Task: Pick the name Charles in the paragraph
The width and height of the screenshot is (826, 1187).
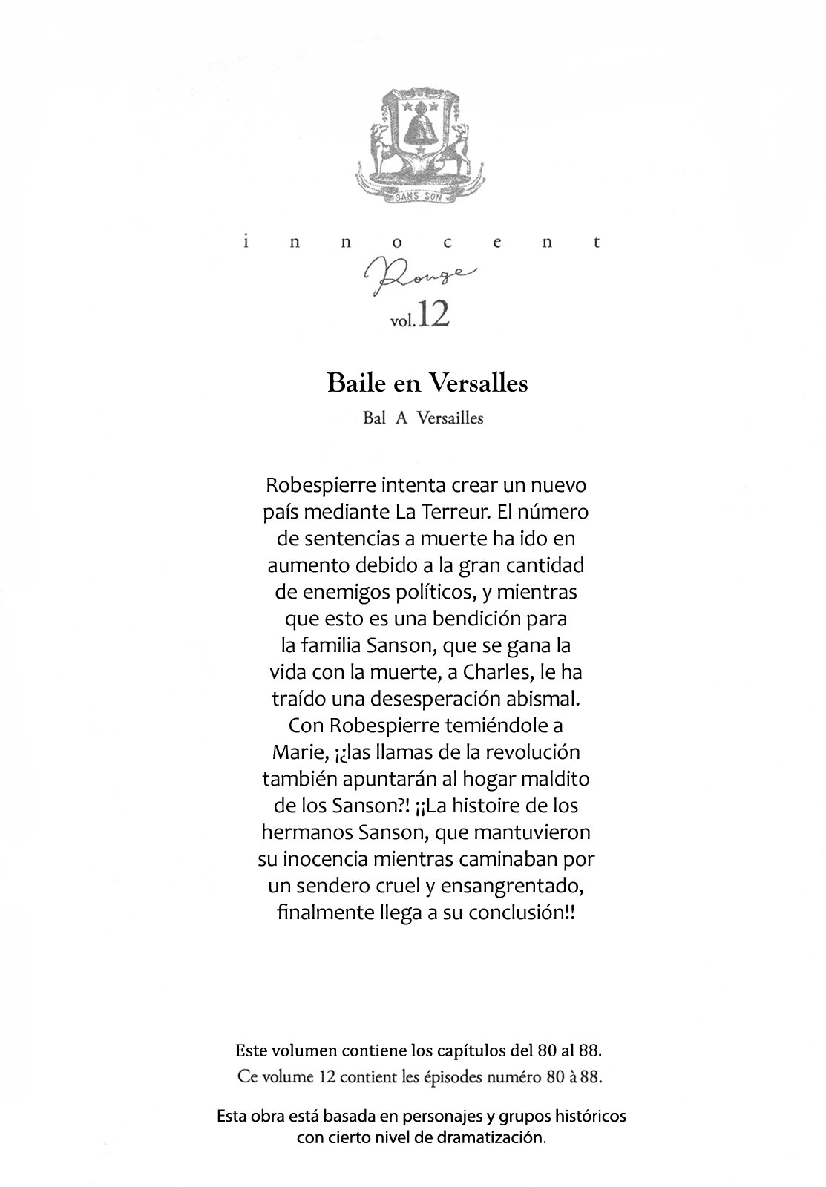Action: point(494,673)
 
